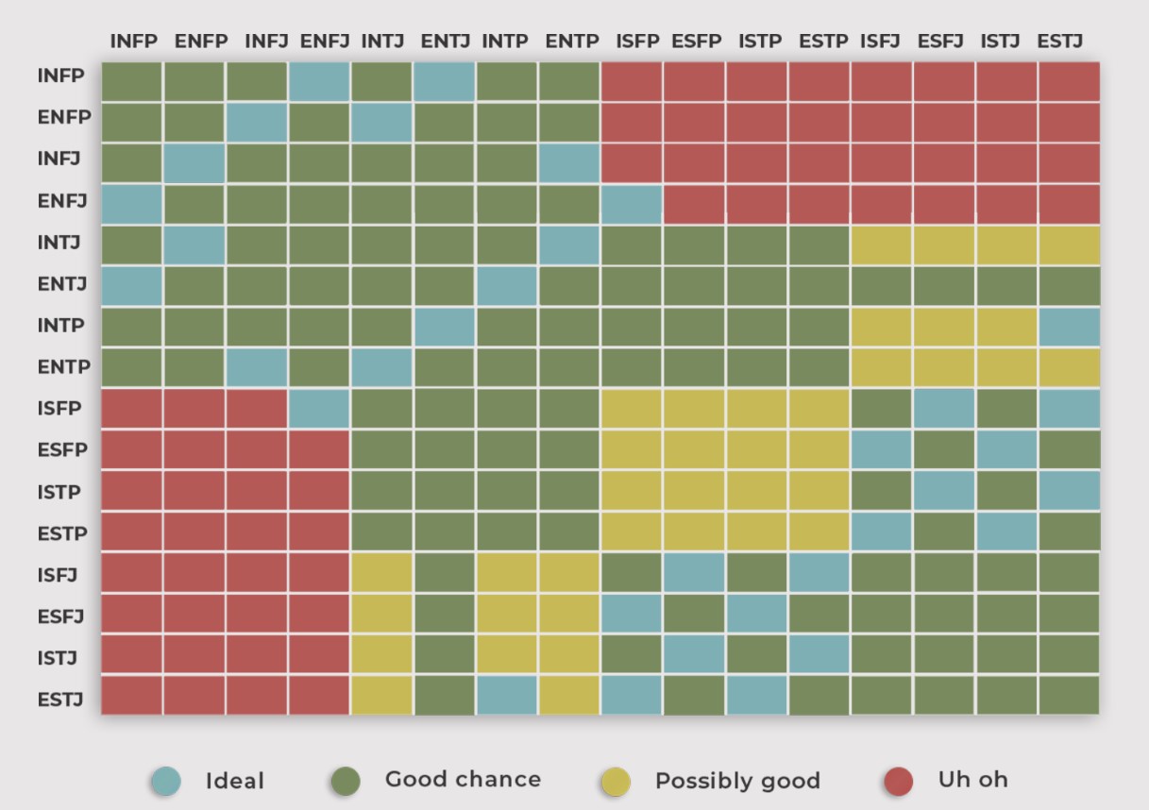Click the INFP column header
(x=133, y=42)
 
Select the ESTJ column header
(x=1060, y=42)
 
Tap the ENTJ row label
(x=62, y=284)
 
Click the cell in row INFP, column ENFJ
(x=319, y=82)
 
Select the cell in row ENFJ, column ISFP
(x=631, y=204)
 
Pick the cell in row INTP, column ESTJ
(x=1069, y=327)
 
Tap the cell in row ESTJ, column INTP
(x=506, y=696)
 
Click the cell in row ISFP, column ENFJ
(x=319, y=409)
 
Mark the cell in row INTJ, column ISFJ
(x=881, y=245)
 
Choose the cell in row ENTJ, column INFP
(x=132, y=286)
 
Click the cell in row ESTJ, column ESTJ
(x=1069, y=696)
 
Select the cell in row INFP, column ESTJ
(x=1069, y=82)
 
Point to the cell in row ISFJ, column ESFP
(x=694, y=573)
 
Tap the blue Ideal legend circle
(x=165, y=781)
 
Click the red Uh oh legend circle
(x=899, y=781)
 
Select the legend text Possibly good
(x=737, y=782)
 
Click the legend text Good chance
(x=463, y=780)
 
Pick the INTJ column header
(x=382, y=42)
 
